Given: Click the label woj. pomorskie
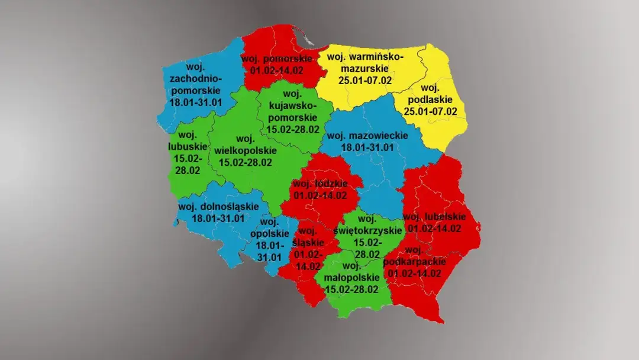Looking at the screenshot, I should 277,59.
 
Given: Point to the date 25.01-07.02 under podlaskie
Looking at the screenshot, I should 431,111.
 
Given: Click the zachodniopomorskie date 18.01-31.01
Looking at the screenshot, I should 196,102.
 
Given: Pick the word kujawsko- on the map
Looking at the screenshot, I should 289,105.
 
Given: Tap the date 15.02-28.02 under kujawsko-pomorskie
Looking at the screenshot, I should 293,128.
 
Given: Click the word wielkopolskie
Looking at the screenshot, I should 243,150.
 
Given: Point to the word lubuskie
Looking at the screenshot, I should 188,146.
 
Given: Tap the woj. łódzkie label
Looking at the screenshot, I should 320,184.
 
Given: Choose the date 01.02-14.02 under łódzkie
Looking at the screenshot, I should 320,195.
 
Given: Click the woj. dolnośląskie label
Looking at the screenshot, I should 218,207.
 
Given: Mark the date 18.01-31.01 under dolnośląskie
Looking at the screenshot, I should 218,218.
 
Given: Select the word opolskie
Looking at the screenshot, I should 269,233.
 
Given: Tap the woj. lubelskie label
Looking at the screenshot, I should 434,217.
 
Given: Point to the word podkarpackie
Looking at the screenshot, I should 415,261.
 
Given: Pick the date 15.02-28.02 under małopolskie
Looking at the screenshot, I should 352,290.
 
